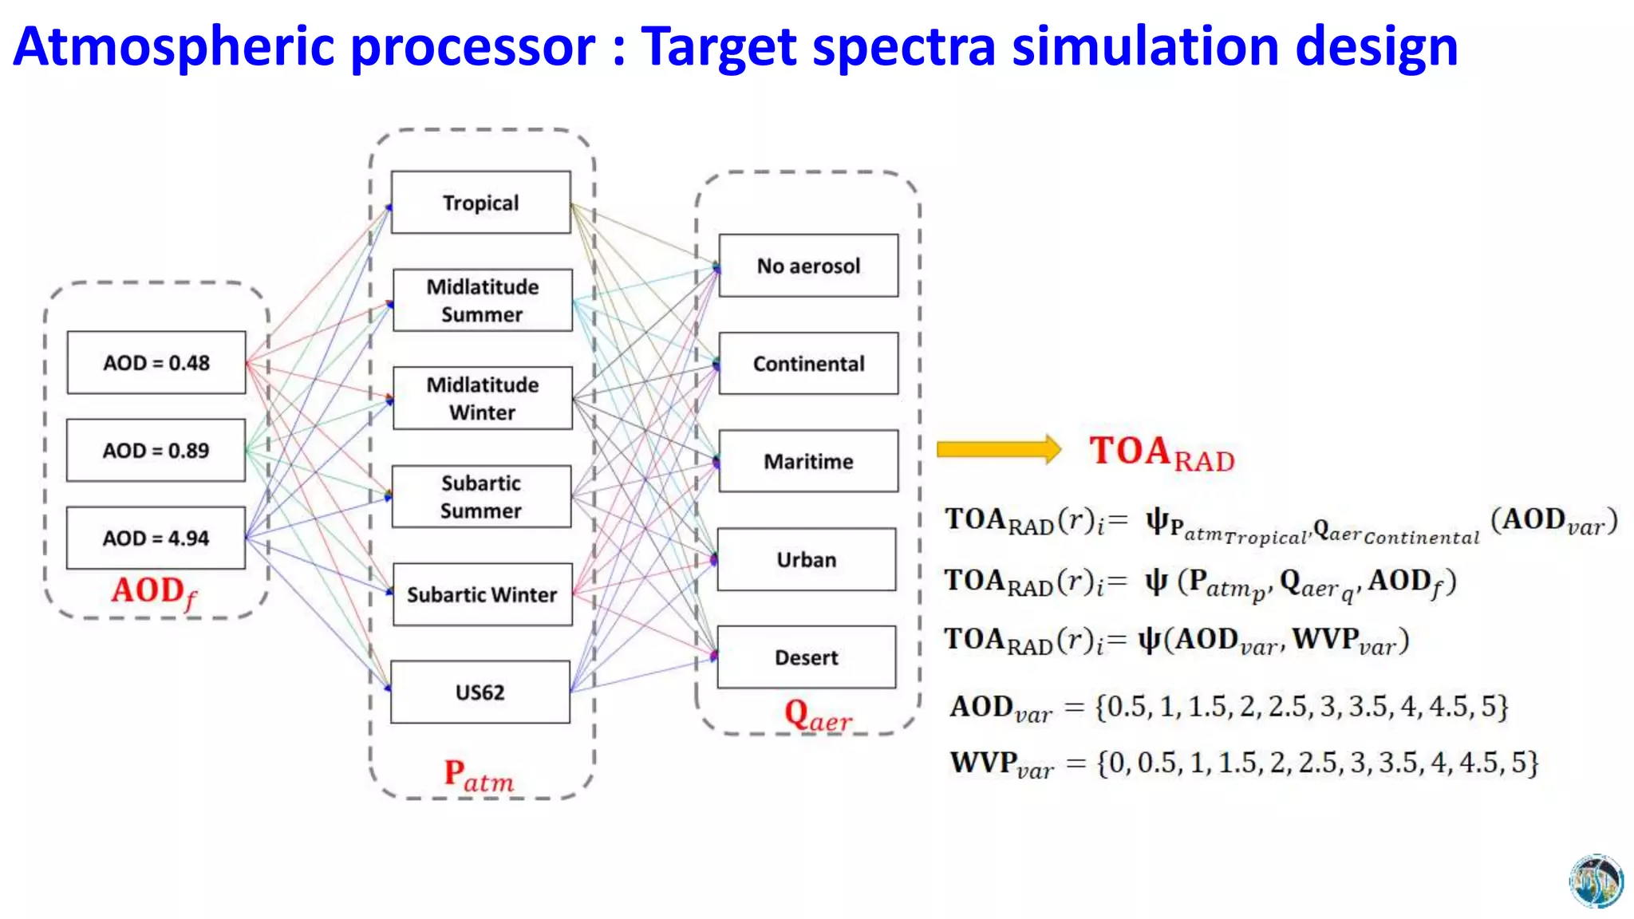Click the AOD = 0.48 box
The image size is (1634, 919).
coord(156,363)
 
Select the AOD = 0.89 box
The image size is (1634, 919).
coord(156,450)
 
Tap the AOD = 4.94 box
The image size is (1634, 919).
coord(156,538)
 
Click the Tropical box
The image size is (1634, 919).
coord(481,203)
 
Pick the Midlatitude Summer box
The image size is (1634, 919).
coord(483,300)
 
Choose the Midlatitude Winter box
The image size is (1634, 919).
coord(483,398)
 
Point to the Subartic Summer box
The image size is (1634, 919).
coord(481,496)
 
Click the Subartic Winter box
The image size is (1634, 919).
coord(482,594)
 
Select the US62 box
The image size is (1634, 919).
coord(480,692)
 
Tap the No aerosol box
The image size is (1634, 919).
coord(808,266)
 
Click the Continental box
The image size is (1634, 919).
coord(808,364)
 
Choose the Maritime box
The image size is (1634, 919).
coord(808,461)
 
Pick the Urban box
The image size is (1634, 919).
coord(807,559)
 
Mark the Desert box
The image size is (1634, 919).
coord(807,657)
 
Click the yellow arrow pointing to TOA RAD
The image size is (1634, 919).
coord(998,449)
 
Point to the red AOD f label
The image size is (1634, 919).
coord(154,593)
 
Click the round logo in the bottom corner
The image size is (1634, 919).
coord(1596,882)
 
